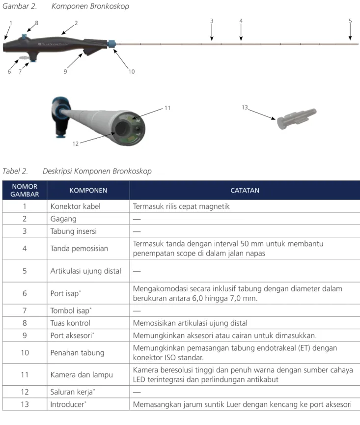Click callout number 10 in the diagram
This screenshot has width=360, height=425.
[x=131, y=72]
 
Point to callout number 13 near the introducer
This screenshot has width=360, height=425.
[x=245, y=107]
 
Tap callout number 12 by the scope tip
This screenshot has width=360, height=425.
[x=75, y=143]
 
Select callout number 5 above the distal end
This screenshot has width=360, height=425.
[x=350, y=21]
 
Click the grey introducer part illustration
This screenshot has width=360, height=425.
[x=297, y=118]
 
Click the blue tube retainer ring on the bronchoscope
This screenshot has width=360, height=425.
[x=111, y=44]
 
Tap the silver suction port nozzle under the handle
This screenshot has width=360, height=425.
[x=24, y=58]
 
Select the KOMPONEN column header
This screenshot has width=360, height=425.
[x=88, y=190]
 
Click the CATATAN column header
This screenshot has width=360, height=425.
[x=245, y=190]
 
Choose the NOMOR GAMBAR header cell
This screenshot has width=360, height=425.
[x=25, y=190]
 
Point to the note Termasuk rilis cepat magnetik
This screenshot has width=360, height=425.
[x=181, y=206]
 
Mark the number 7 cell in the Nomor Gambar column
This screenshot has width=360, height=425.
[x=25, y=311]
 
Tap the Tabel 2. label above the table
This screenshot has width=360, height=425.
[x=15, y=171]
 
